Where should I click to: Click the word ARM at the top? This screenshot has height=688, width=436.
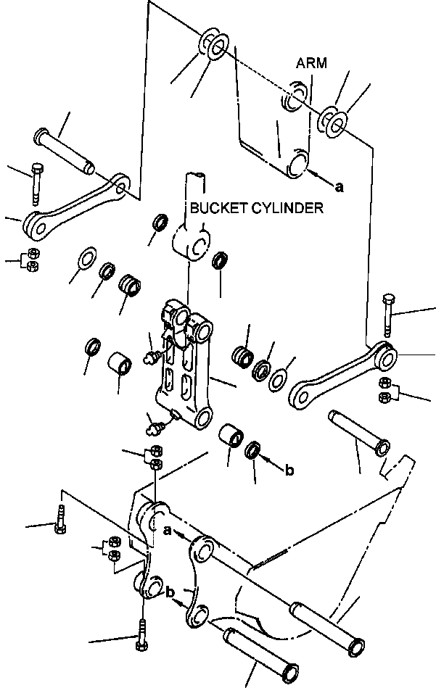coord(311,64)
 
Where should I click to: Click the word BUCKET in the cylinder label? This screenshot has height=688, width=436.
coord(215,209)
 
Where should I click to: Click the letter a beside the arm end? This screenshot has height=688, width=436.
coord(338,187)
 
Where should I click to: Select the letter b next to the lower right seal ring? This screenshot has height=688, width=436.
coord(289,471)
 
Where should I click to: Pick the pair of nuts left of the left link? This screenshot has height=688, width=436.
coord(31,260)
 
